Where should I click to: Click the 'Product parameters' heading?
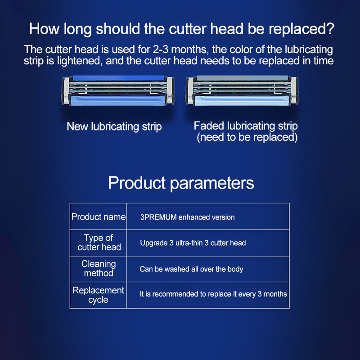pos(181,183)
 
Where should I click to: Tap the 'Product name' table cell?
pos(99,217)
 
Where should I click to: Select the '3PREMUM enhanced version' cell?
pos(187,217)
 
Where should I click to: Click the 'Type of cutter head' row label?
pos(99,243)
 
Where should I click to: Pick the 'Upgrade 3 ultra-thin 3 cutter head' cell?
pos(193,243)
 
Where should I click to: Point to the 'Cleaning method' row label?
pos(99,268)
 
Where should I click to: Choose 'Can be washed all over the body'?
pos(191,269)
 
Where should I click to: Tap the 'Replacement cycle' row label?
pos(98,295)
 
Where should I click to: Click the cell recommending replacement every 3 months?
pos(213,294)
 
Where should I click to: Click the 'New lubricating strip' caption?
pos(114,127)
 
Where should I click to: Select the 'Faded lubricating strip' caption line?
pos(246,126)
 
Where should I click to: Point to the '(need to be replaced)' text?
pos(247,137)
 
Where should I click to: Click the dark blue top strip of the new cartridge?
pos(118,78)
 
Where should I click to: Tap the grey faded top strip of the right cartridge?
pos(243,78)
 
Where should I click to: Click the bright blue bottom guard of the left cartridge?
pos(118,100)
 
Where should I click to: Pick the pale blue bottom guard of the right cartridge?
pos(242,100)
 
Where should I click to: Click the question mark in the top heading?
pos(329,29)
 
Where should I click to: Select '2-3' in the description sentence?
pos(161,49)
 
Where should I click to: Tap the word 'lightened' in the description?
pos(79,61)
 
